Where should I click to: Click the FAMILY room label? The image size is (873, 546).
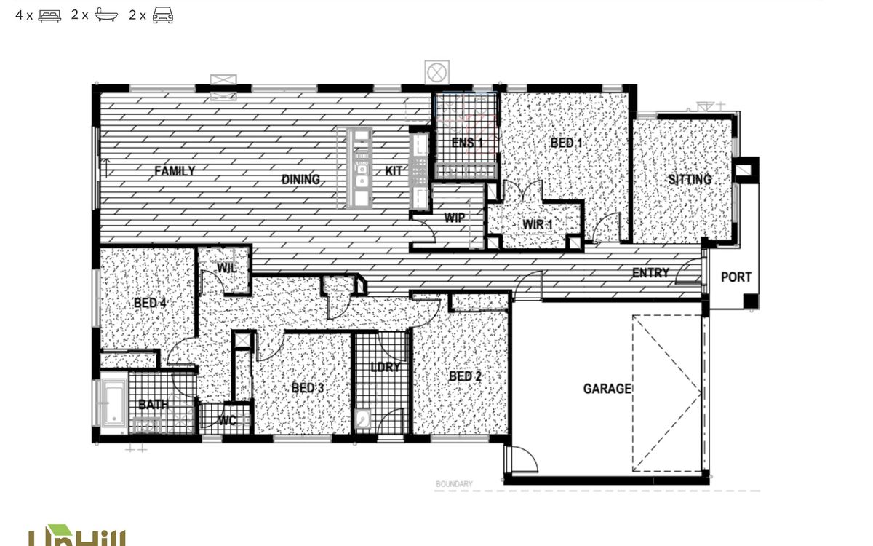(x=174, y=172)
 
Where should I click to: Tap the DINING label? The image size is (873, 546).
(x=300, y=179)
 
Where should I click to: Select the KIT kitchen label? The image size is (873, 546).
(x=394, y=172)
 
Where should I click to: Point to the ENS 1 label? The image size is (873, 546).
(x=466, y=143)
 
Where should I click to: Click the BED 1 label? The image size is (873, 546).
(x=566, y=143)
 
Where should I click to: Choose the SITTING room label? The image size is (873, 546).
(x=690, y=179)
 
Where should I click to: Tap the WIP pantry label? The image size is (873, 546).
(x=455, y=217)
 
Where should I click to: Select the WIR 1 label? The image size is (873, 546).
(x=538, y=224)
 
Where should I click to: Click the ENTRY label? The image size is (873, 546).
(x=650, y=273)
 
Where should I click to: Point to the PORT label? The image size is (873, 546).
(x=736, y=277)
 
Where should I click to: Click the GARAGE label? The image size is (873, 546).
(x=607, y=389)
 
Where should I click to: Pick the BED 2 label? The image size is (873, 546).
(x=465, y=376)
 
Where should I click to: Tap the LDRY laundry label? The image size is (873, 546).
(x=385, y=367)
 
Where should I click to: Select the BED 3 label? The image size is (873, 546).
(x=308, y=388)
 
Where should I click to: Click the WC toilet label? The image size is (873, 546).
(x=228, y=421)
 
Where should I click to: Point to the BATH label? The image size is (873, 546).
(x=153, y=405)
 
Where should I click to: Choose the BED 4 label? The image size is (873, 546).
(x=150, y=302)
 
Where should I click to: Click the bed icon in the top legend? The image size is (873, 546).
(x=49, y=15)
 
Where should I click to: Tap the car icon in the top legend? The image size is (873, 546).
(x=162, y=15)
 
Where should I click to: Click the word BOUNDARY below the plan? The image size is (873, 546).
(x=454, y=484)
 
